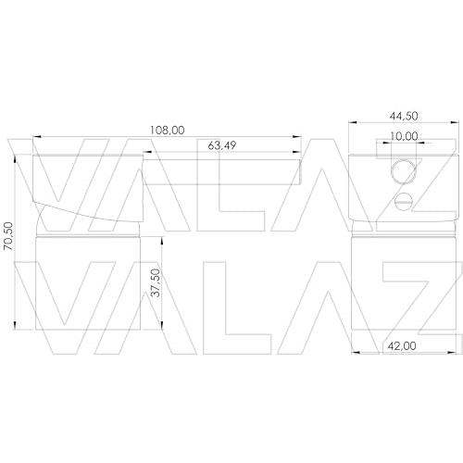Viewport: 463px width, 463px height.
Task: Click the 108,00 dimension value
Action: point(168,131)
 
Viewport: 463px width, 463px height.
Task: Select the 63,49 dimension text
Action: point(222,145)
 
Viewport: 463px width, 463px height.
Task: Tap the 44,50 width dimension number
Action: point(404,116)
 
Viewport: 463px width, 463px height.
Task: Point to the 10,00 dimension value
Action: point(404,136)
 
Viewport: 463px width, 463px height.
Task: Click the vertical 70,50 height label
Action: point(8,236)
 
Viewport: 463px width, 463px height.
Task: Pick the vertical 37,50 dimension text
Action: point(156,283)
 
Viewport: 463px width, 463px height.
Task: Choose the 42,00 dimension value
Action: point(402,346)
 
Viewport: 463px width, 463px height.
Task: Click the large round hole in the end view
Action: point(404,171)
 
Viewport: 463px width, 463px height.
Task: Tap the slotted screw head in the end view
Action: point(404,202)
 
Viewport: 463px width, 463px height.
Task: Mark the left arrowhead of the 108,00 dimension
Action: point(37,136)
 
